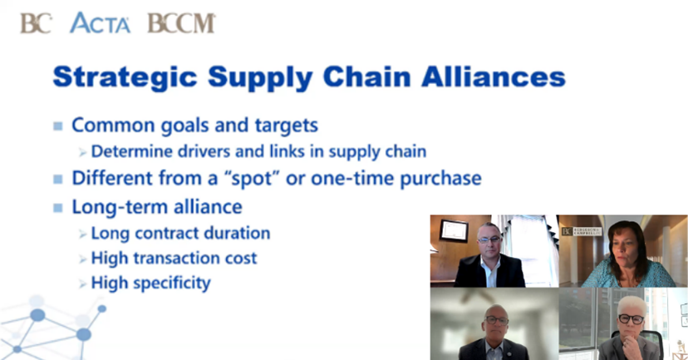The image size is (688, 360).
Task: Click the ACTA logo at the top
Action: point(100,22)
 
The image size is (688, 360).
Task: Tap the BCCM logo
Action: point(181,23)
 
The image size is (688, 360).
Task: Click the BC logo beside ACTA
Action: point(36,23)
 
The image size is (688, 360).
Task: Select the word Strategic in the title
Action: point(125,77)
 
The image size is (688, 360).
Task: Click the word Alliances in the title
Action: point(494,76)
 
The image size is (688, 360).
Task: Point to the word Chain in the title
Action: point(366,76)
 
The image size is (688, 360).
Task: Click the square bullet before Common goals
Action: point(58,126)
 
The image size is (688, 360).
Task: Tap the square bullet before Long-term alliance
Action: point(58,208)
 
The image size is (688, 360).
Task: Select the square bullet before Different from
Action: point(58,179)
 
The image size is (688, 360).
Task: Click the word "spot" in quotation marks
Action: point(253,179)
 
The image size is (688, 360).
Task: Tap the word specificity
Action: point(172,284)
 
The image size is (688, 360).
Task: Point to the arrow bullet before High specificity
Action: point(83,284)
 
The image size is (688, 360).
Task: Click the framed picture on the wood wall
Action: point(454,230)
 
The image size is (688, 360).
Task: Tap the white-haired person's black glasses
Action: point(631,318)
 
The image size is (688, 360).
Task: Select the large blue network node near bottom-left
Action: point(83,334)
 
